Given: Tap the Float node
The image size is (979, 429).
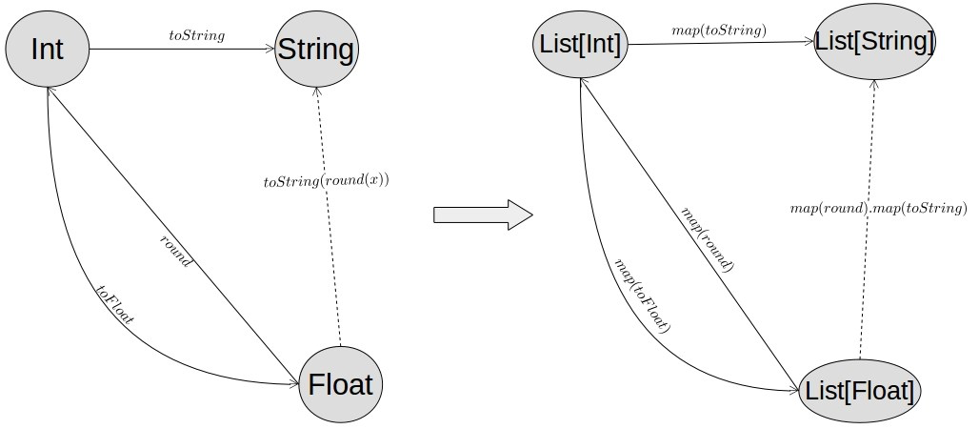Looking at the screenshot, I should click(340, 385).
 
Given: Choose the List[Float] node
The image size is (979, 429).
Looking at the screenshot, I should click(860, 390).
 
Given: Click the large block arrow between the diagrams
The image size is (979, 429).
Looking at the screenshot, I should click(482, 214).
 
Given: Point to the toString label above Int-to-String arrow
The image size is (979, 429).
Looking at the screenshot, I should click(197, 35).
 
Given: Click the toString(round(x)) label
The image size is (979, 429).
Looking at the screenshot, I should click(327, 180).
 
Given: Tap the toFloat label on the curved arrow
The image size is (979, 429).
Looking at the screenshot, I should click(115, 304).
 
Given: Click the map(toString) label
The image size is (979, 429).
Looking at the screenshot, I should click(719, 31).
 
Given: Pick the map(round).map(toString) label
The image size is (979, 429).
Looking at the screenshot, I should click(879, 208).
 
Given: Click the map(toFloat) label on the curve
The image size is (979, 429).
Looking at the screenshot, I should click(643, 296).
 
